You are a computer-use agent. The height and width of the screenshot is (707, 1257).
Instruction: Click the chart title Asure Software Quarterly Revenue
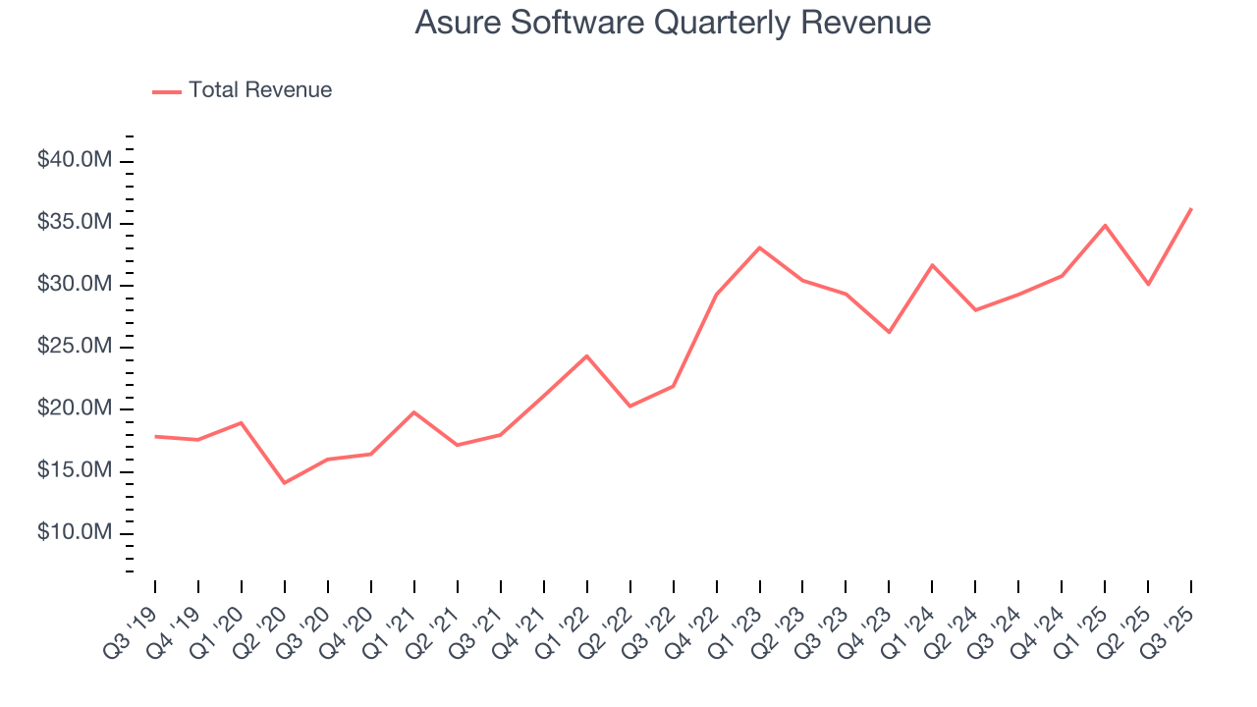(x=673, y=22)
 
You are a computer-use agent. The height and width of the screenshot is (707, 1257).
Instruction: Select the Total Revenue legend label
(x=260, y=90)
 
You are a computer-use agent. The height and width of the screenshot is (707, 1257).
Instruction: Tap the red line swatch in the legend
(x=167, y=91)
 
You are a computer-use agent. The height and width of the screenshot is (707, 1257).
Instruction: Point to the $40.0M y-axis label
(x=75, y=160)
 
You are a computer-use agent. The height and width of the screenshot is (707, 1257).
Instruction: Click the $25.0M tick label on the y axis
(x=75, y=347)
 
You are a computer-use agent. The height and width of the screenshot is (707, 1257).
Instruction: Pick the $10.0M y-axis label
(x=75, y=533)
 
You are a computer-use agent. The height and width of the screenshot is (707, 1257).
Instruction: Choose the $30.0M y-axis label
(x=75, y=285)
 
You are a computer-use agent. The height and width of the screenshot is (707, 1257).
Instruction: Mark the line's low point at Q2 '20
(x=285, y=483)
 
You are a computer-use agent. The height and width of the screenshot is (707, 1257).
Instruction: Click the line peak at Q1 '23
(x=759, y=247)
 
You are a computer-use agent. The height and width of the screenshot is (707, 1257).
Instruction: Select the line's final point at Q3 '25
(x=1191, y=208)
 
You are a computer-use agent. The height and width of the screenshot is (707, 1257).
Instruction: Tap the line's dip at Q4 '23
(x=889, y=332)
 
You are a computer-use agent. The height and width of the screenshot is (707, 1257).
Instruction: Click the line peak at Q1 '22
(x=586, y=355)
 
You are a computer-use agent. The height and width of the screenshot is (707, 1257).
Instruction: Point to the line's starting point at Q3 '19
(x=155, y=436)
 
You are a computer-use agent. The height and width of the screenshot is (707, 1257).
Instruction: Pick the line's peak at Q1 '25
(x=1105, y=225)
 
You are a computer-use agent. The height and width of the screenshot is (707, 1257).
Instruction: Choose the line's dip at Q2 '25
(x=1148, y=284)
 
